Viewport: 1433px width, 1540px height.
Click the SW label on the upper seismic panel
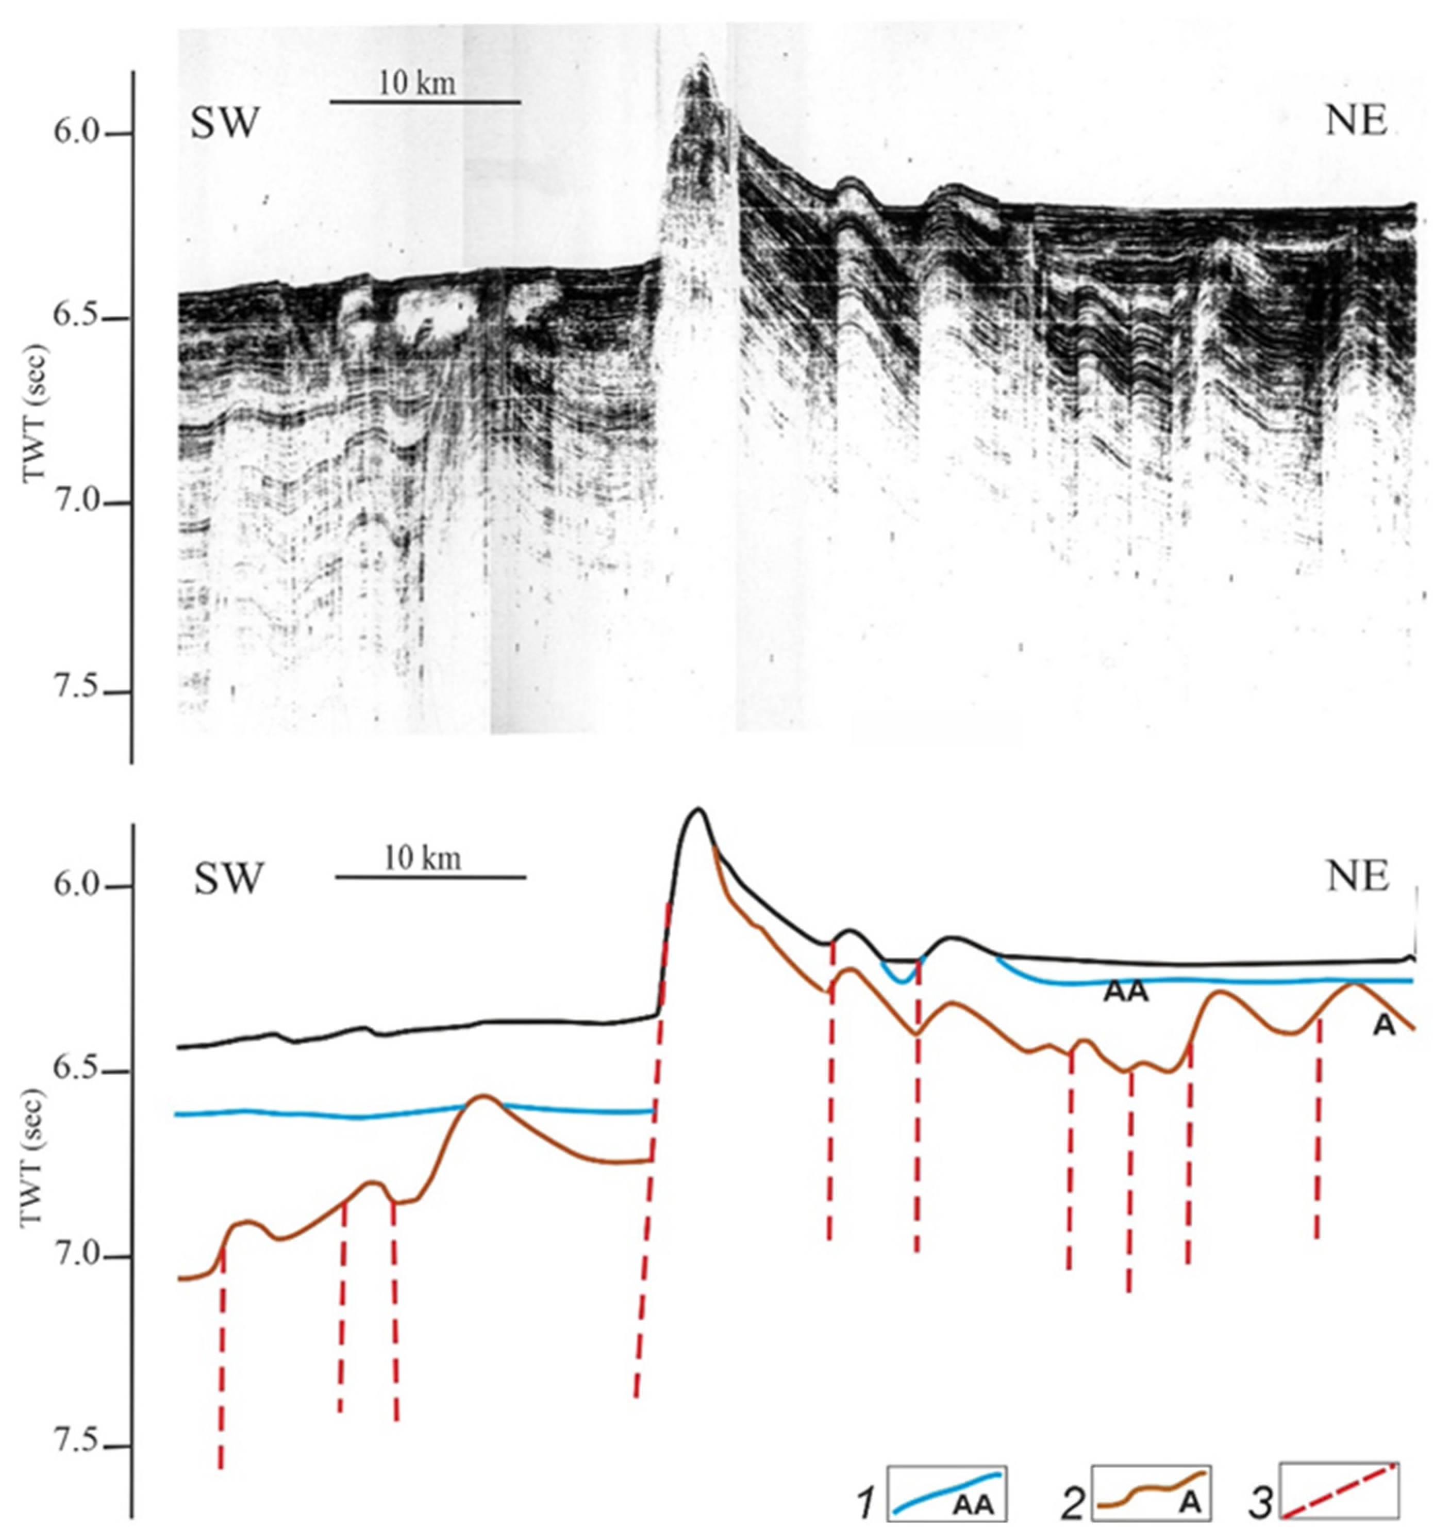(x=224, y=123)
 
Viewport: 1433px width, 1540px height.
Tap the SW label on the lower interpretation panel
(x=228, y=879)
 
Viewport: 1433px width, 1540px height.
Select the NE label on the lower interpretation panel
(x=1358, y=877)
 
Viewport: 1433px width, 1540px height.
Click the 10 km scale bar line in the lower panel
(x=430, y=877)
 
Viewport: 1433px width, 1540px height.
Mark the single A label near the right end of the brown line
(x=1384, y=1026)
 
